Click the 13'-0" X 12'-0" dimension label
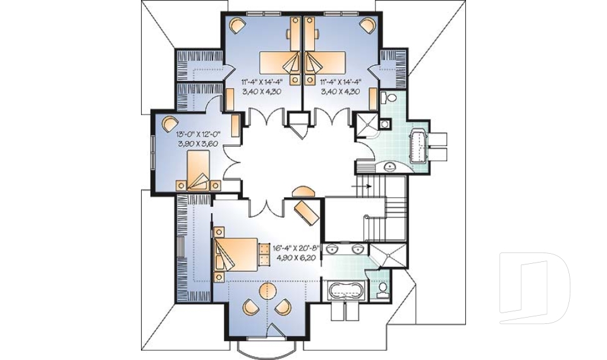(x=197, y=134)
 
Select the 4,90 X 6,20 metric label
(x=296, y=258)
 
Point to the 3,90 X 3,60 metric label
(x=197, y=144)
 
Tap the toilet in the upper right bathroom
(x=389, y=98)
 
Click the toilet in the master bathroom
(x=382, y=289)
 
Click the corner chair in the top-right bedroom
(x=367, y=25)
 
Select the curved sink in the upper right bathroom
(x=389, y=166)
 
